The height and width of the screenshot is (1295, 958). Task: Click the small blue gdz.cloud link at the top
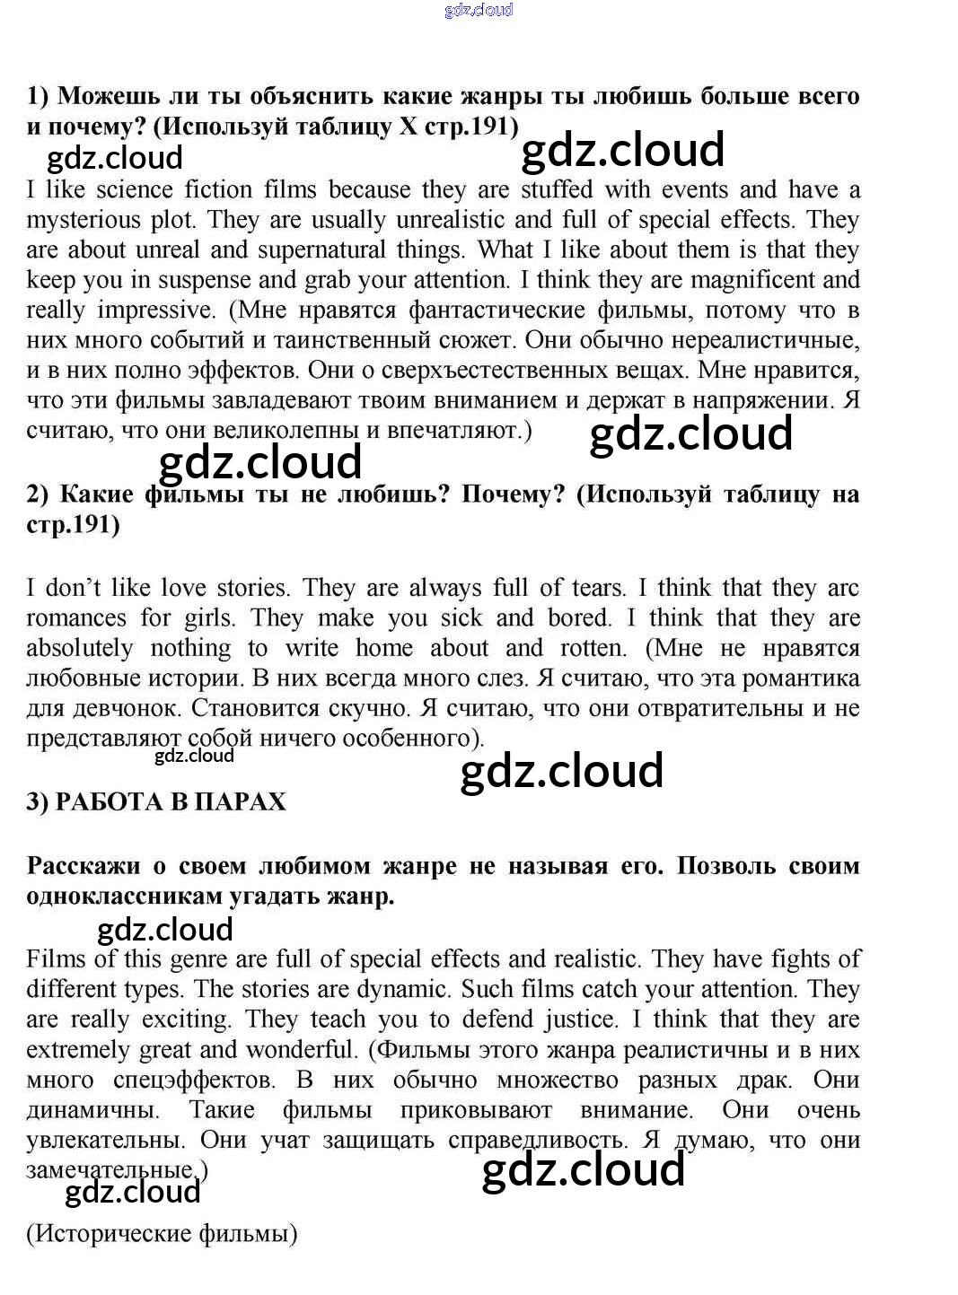pyautogui.click(x=479, y=10)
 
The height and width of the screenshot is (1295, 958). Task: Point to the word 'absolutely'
pyautogui.click(x=79, y=649)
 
